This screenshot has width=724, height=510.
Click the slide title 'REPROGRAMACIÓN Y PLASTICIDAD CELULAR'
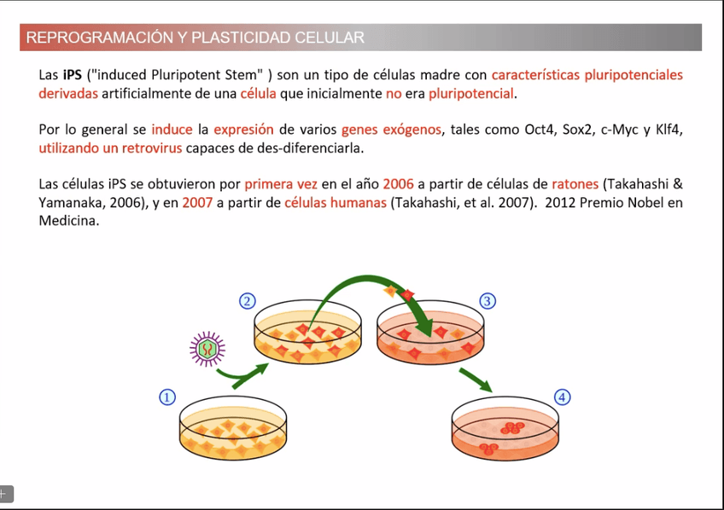point(196,38)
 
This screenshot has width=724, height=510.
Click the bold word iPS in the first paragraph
point(73,75)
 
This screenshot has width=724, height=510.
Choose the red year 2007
point(197,203)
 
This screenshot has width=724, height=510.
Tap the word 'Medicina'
point(69,221)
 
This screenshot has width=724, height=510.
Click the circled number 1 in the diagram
point(167,397)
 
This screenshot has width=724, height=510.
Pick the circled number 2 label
point(246,300)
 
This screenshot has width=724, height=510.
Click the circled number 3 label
point(488,300)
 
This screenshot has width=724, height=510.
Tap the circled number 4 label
point(562,397)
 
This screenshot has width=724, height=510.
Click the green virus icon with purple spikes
point(207,347)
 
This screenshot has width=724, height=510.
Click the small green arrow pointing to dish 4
point(476,380)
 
